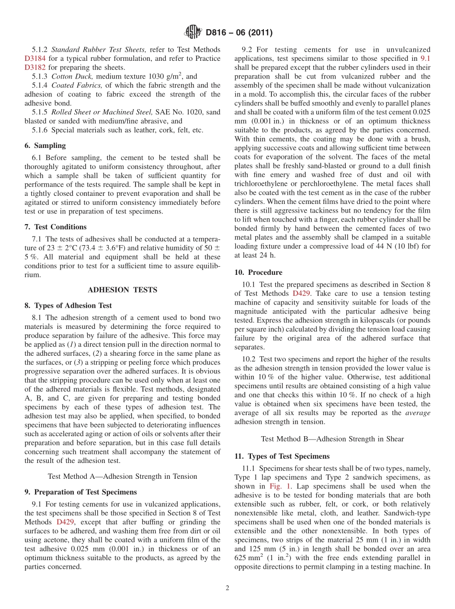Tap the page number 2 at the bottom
pos(227,588)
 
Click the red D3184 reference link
pos(35,58)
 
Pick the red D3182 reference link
pos(35,68)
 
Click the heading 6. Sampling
pos(45,146)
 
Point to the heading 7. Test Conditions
pos(56,227)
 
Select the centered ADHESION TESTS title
pos(122,290)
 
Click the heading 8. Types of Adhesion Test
pos(68,305)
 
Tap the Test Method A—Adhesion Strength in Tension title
pos(122,476)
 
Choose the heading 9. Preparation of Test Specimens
pos(80,492)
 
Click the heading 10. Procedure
pos(258,272)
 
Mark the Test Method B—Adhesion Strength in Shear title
pos(332,439)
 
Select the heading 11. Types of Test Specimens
pos(282,456)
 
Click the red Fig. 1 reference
pos(279,486)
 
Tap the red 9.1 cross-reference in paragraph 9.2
pos(425,58)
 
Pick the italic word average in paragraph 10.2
pos(418,413)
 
